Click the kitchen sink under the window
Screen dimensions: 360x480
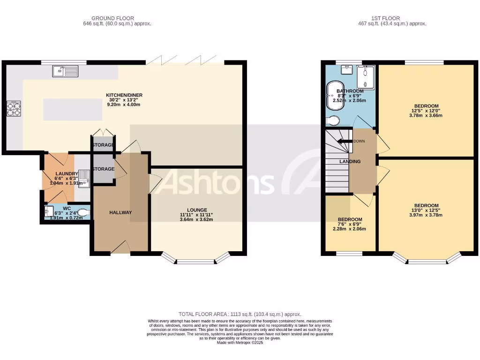65,71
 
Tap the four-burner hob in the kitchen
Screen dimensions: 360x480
14,109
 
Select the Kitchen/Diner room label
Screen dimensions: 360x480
124,95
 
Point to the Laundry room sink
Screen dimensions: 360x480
84,179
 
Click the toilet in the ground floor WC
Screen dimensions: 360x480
83,213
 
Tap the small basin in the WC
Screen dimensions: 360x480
50,212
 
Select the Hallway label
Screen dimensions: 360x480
120,212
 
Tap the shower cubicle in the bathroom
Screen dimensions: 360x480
366,77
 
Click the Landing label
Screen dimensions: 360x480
350,161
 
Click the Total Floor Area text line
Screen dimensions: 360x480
240,314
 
